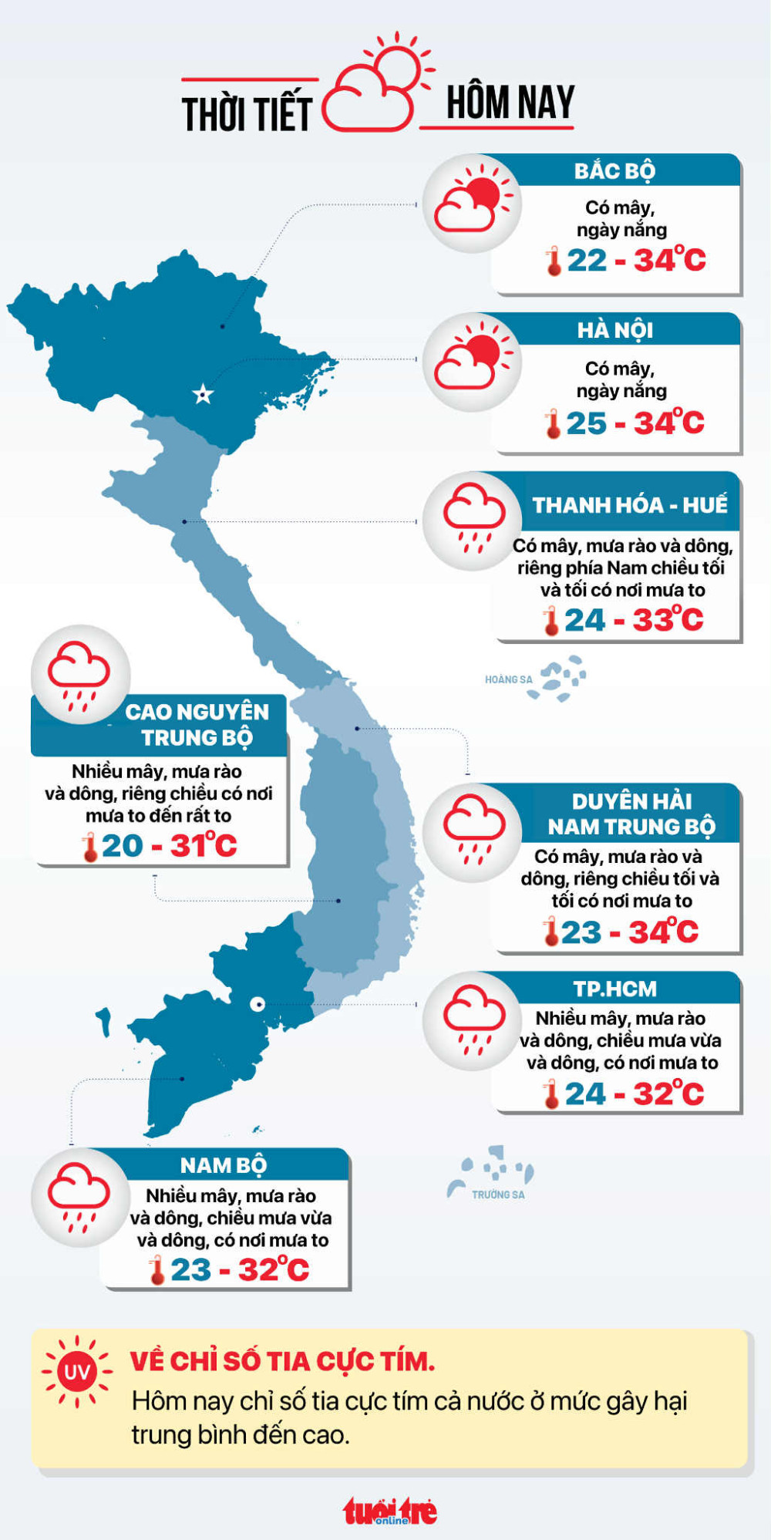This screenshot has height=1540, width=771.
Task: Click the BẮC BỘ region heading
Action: click(614, 170)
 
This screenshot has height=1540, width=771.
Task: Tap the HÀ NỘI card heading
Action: click(614, 330)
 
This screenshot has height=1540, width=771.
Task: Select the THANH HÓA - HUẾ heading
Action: click(629, 505)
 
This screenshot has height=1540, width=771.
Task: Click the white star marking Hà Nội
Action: click(203, 395)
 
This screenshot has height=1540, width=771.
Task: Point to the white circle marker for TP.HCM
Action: click(258, 1004)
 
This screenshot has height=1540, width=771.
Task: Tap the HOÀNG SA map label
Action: click(508, 679)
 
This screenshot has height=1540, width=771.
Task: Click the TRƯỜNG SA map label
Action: click(498, 1195)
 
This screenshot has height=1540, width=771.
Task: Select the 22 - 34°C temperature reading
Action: click(636, 260)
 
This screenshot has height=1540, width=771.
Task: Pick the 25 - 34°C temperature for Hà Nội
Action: click(635, 423)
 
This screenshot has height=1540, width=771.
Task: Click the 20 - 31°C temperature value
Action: click(169, 846)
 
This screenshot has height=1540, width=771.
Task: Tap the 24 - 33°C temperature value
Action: click(634, 620)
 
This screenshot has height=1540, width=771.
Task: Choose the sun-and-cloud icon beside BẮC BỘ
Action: click(472, 204)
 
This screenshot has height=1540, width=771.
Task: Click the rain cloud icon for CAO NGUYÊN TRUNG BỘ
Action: click(79, 674)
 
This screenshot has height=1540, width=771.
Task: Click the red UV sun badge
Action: click(77, 1372)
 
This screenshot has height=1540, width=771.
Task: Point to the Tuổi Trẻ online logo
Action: click(390, 1511)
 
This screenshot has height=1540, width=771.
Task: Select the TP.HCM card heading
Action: click(614, 989)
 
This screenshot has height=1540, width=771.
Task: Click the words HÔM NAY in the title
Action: click(510, 103)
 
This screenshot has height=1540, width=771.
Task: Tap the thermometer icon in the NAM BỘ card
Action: click(157, 1270)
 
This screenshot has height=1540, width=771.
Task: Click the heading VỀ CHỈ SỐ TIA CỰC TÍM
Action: click(282, 1361)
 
